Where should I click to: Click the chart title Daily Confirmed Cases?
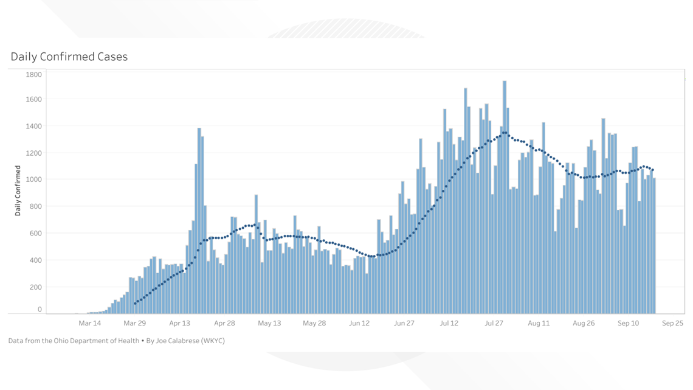pyautogui.click(x=69, y=57)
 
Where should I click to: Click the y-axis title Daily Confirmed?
pyautogui.click(x=18, y=190)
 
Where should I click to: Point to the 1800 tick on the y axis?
pyautogui.click(x=34, y=75)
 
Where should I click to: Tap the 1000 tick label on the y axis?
pyautogui.click(x=34, y=179)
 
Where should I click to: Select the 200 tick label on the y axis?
pyautogui.click(x=36, y=287)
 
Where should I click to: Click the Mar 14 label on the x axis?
pyautogui.click(x=89, y=323)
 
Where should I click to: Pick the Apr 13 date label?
pyautogui.click(x=179, y=323)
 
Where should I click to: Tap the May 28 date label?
pyautogui.click(x=314, y=323)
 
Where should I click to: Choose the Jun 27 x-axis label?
pyautogui.click(x=404, y=323)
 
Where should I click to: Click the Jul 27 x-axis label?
pyautogui.click(x=494, y=323)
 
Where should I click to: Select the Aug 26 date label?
pyautogui.click(x=583, y=323)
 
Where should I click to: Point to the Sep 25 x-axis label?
pyautogui.click(x=673, y=323)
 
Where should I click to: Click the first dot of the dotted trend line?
pyautogui.click(x=135, y=303)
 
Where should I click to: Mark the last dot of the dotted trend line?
pyautogui.click(x=652, y=170)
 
